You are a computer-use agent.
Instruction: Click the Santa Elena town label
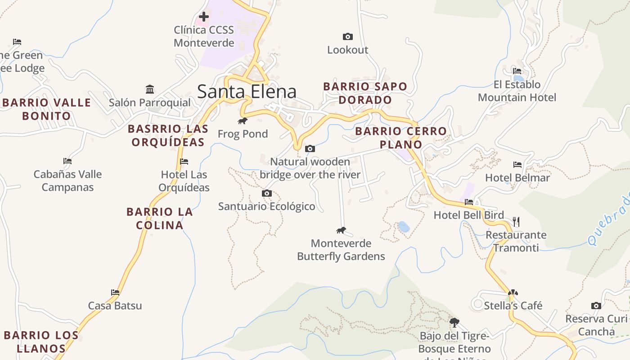tap(247, 91)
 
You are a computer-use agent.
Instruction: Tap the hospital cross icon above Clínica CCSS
tap(204, 17)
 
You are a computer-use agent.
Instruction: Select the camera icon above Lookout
tap(347, 36)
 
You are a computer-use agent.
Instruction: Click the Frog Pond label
tap(243, 134)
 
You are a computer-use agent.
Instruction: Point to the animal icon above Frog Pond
tap(243, 121)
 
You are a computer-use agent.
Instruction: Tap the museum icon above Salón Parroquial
tap(150, 89)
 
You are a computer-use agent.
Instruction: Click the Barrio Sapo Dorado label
tap(365, 93)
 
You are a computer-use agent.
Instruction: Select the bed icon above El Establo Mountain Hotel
tap(517, 71)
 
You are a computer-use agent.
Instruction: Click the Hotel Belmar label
tap(517, 178)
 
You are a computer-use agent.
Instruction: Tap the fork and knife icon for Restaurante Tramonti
tap(516, 221)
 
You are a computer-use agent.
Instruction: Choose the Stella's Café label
tap(513, 306)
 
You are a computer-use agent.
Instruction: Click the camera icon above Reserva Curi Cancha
tap(596, 306)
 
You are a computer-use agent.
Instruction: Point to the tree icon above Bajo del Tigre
tap(454, 322)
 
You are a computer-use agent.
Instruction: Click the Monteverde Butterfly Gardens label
tap(341, 250)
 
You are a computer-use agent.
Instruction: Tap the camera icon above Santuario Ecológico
tap(267, 193)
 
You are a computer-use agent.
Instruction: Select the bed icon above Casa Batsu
tap(115, 292)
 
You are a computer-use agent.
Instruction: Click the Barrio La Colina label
tap(160, 218)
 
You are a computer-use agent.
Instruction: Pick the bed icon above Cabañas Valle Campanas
tap(67, 161)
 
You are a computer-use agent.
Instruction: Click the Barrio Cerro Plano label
tap(401, 138)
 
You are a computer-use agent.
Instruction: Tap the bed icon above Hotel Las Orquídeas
tap(184, 161)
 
